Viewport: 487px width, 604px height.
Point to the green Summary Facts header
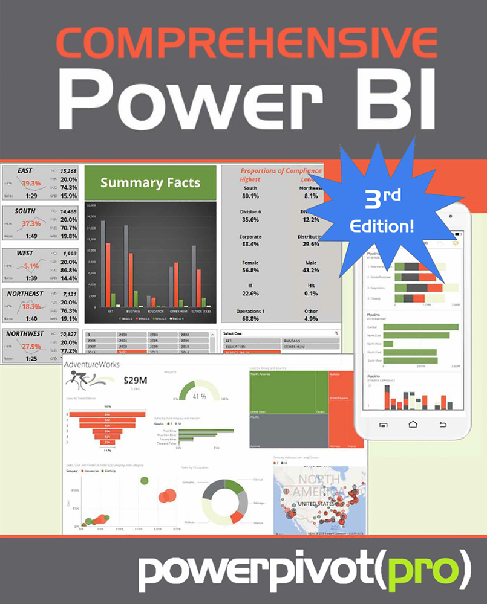tap(150, 182)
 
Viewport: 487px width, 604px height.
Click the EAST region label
tap(25, 171)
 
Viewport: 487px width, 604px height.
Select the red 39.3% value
tap(31, 183)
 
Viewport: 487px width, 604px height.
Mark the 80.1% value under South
tap(250, 196)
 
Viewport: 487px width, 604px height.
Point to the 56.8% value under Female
tap(250, 270)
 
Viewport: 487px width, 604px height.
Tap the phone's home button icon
tap(413, 425)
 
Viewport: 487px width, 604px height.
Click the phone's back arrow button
tap(443, 425)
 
